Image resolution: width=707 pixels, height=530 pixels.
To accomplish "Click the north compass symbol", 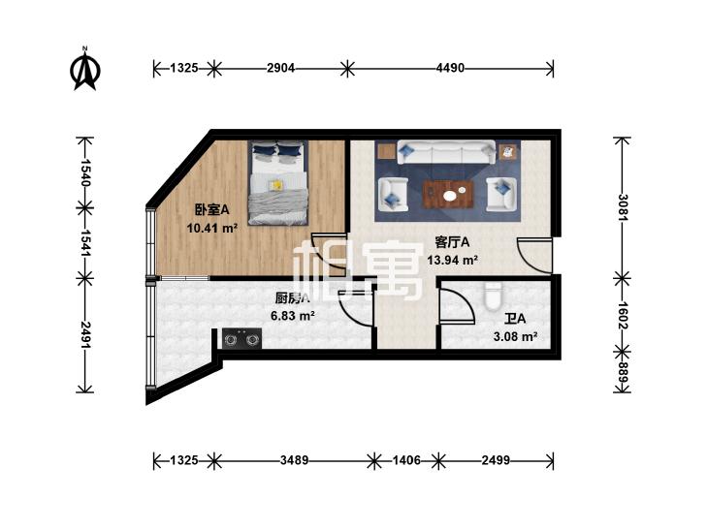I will [x=85, y=70].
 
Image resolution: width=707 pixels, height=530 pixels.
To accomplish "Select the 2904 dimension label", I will [x=280, y=69].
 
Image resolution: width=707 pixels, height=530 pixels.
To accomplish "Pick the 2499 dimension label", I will [x=496, y=460].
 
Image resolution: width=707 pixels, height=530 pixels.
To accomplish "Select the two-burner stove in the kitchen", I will [x=241, y=339].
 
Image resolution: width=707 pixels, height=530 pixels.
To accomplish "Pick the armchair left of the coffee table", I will [x=393, y=194].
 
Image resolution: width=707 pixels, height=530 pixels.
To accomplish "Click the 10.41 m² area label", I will [x=212, y=229].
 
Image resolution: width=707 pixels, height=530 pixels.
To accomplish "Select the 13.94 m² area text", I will [x=452, y=259].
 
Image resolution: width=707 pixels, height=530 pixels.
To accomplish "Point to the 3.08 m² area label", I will [x=515, y=337].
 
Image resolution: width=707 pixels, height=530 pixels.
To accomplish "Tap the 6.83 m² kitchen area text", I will [x=292, y=315].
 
